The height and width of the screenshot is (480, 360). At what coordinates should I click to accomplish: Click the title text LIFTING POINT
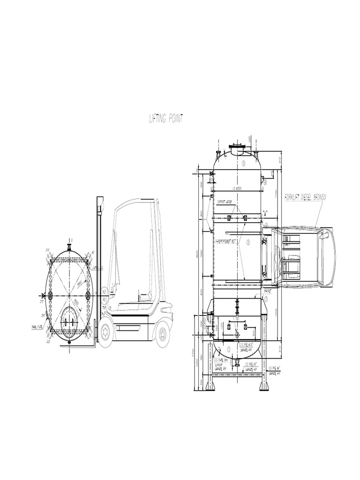tap(166, 119)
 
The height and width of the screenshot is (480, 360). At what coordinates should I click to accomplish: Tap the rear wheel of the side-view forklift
tap(162, 334)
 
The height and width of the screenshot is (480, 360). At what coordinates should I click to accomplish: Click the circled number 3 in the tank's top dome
tap(244, 163)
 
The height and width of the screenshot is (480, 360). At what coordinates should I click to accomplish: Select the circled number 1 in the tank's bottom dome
tap(229, 349)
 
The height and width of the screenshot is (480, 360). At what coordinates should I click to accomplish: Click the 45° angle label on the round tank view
tap(94, 253)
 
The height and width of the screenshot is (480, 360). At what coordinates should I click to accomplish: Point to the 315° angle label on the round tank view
tap(48, 249)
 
